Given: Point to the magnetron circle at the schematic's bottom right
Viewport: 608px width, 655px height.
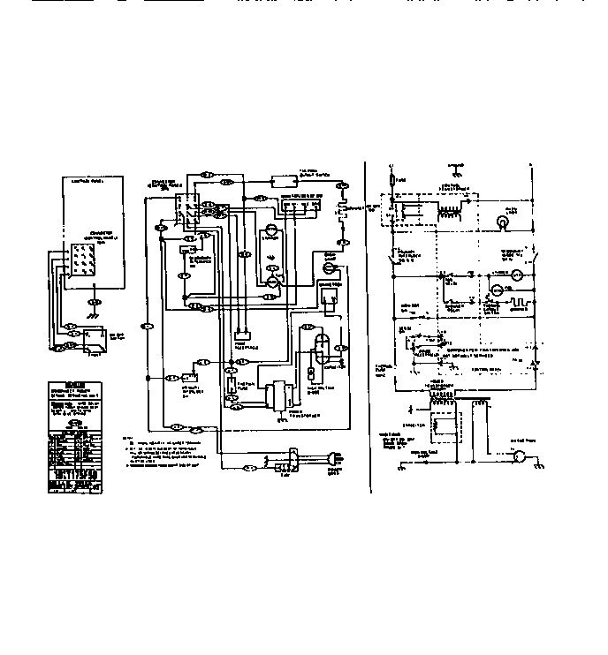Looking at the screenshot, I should pos(521,456).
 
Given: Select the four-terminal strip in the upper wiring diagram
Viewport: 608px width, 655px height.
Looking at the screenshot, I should pos(300,207).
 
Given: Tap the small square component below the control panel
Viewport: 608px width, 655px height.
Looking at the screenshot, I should pos(98,336).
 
